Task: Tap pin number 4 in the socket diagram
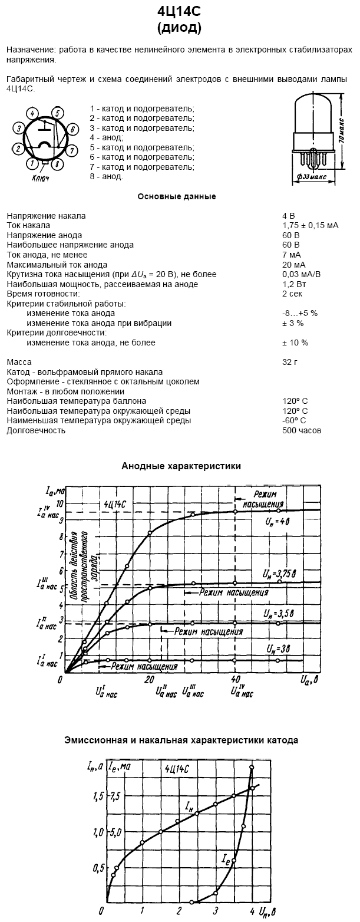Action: coord(34,113)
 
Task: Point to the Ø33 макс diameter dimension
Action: coord(314,176)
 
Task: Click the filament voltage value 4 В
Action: coord(288,216)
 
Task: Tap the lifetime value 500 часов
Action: coord(302,430)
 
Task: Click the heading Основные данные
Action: coord(177,196)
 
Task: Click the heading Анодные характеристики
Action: coord(181,466)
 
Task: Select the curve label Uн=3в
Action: coord(278,648)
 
